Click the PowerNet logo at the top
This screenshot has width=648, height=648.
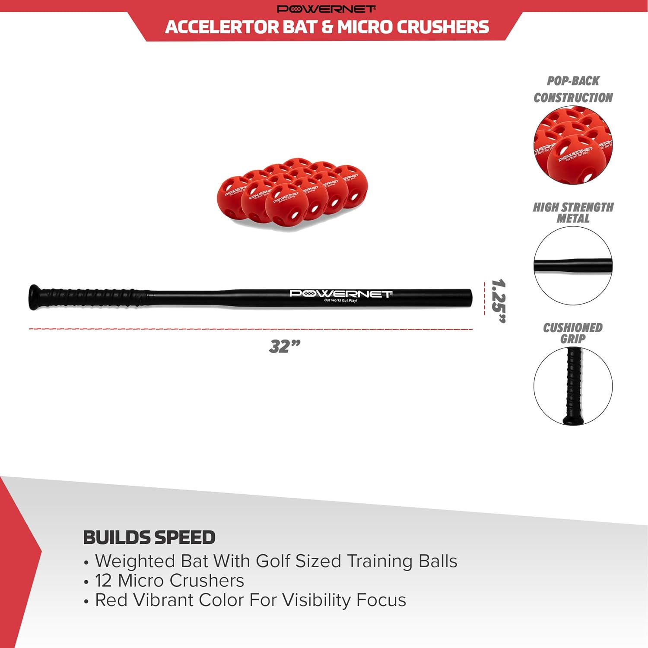pos(326,9)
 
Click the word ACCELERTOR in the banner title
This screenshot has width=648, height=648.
pos(222,27)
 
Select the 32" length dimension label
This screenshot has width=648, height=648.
pos(284,346)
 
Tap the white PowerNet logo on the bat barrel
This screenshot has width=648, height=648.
pos(340,294)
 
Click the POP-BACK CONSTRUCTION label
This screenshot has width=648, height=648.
pos(573,89)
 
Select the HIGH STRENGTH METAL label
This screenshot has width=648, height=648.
pos(573,213)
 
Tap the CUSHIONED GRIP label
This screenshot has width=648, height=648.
pos(573,333)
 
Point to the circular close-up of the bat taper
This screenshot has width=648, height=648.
pos(573,266)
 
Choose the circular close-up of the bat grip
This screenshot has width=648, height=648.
pos(573,386)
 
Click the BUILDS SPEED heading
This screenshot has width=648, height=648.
pos(149,537)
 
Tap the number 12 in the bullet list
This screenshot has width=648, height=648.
pos(103,581)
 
